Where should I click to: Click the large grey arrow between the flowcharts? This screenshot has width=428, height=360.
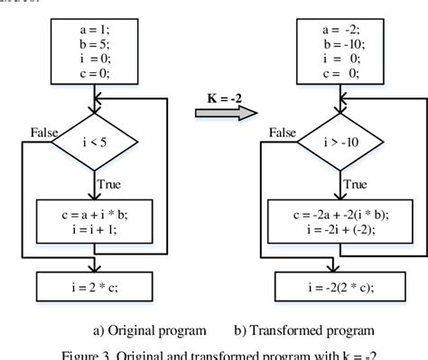pos(226,112)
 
